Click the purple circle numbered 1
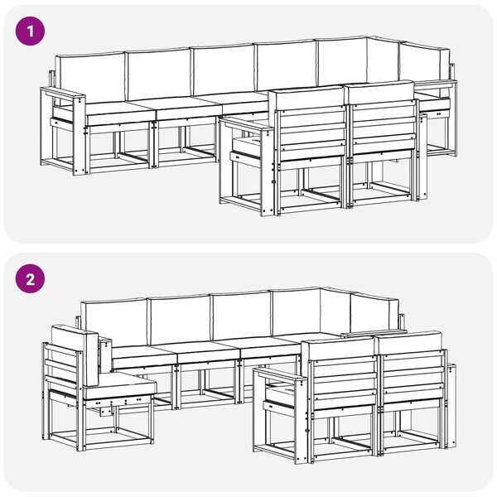[30, 31]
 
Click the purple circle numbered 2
[30, 279]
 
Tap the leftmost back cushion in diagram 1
[89, 78]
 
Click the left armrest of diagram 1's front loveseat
[245, 124]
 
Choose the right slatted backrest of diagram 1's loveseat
[384, 127]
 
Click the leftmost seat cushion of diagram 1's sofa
[118, 112]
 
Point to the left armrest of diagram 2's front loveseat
[281, 375]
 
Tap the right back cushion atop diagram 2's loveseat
[409, 343]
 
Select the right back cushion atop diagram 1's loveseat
[380, 93]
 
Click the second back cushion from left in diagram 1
[158, 75]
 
